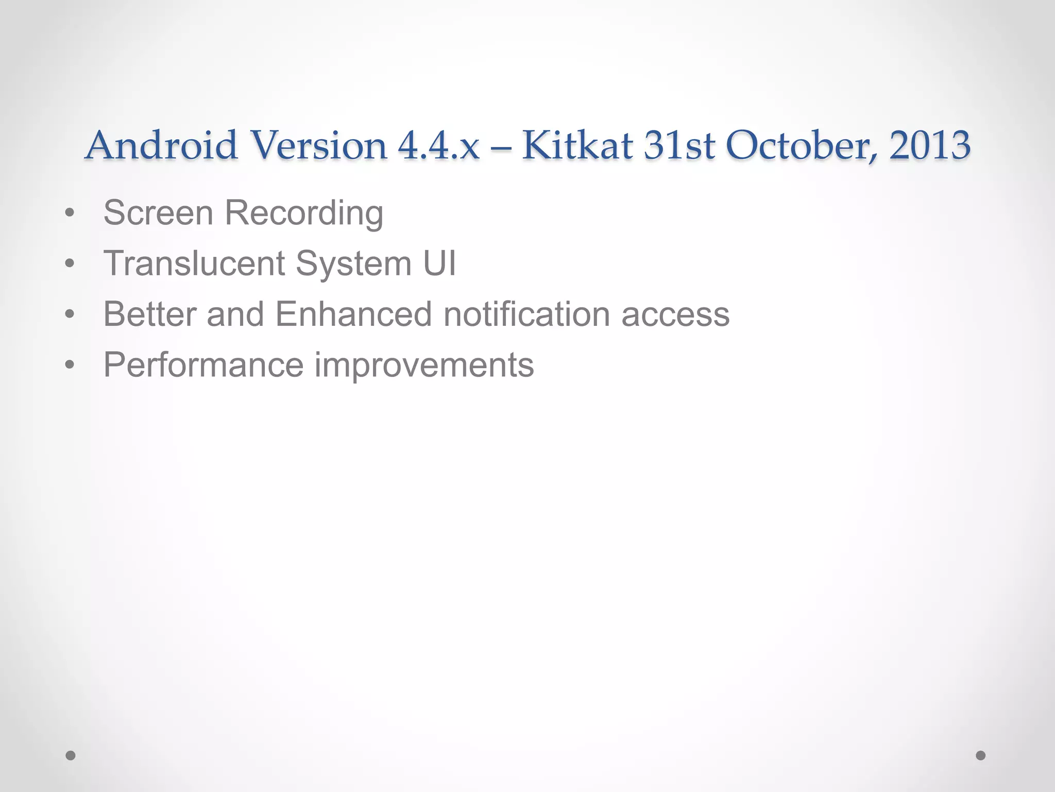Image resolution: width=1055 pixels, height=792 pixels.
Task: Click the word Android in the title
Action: (x=161, y=145)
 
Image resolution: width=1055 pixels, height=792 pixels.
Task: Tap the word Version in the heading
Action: (x=320, y=145)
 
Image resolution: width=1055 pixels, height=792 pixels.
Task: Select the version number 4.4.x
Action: (x=438, y=145)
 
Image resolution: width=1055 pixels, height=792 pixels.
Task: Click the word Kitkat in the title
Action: (x=577, y=145)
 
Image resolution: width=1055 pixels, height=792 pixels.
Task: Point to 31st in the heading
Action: (x=679, y=145)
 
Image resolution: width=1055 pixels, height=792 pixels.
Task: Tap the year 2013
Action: (x=930, y=145)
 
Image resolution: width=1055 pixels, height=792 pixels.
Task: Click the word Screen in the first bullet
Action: (x=158, y=212)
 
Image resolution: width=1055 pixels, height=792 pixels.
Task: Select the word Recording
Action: (x=304, y=213)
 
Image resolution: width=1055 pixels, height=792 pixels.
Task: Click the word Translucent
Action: (x=194, y=263)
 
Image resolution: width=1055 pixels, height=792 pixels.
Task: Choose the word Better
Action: (x=150, y=313)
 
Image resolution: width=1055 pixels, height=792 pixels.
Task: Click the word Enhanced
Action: (x=353, y=313)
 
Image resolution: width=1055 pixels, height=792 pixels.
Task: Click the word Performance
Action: (x=203, y=365)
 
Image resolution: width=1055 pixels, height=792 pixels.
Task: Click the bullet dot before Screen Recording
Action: (x=70, y=213)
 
